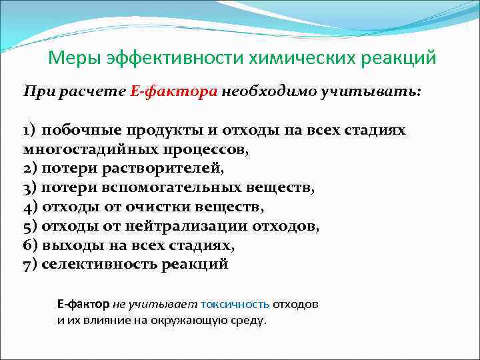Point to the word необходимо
tap(266, 91)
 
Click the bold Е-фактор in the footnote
tap(83, 304)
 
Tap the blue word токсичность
tap(235, 304)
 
